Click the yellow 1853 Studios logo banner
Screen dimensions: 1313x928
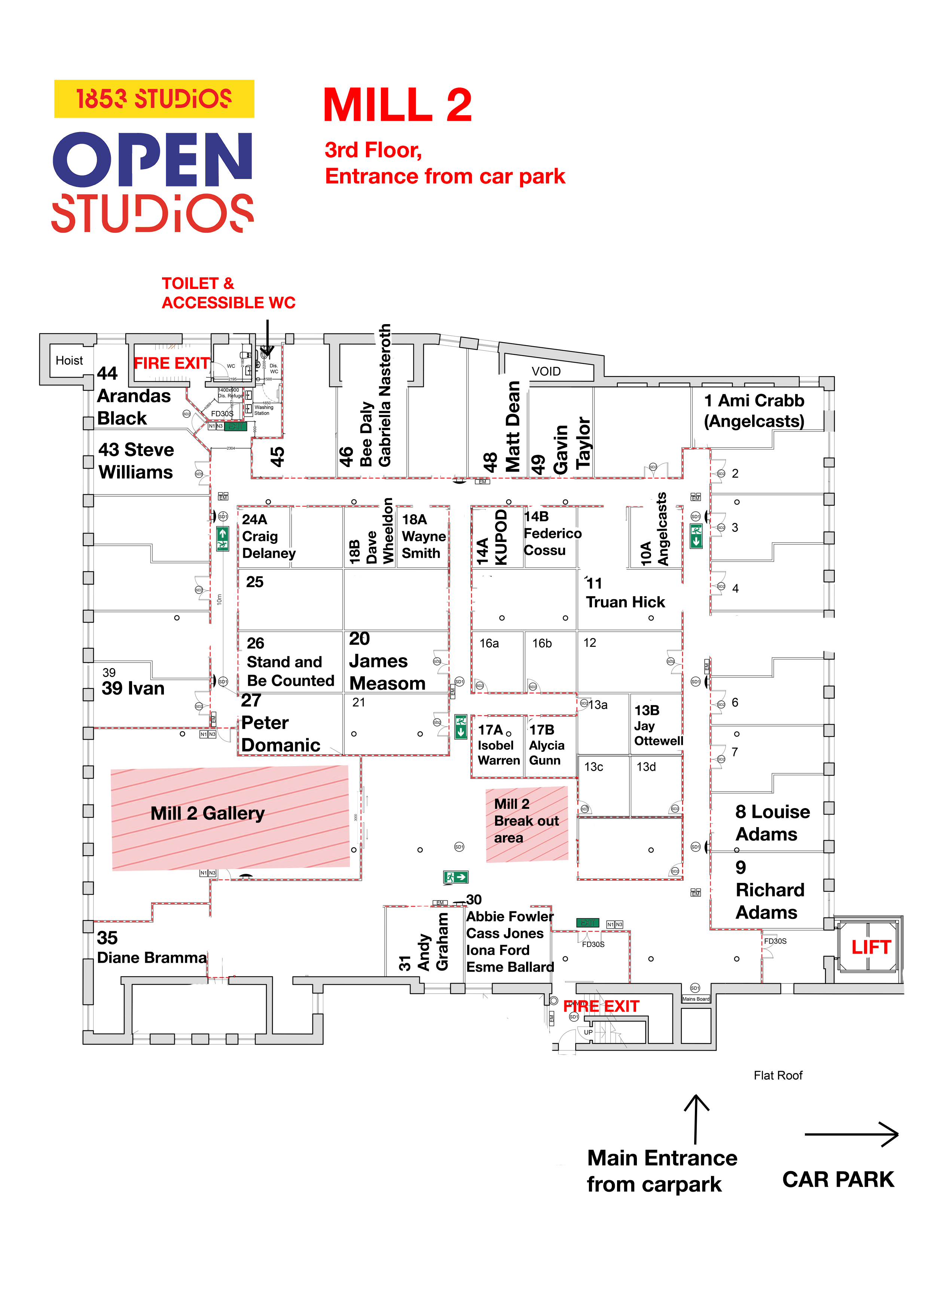[x=154, y=99]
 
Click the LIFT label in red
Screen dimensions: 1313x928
[x=870, y=948]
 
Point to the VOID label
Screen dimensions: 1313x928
[x=546, y=372]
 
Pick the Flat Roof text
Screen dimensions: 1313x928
[x=778, y=1076]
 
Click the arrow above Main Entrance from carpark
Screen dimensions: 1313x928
[x=696, y=1119]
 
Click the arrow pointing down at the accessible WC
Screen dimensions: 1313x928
[x=267, y=337]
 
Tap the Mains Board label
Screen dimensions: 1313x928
[x=695, y=999]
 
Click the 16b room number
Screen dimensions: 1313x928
[x=541, y=643]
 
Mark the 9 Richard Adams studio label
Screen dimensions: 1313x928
[x=769, y=890]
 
